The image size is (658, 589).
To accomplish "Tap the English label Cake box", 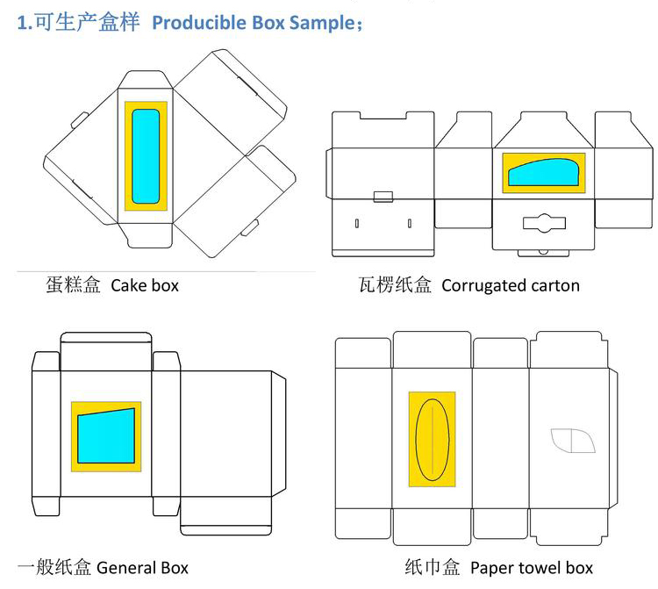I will (145, 285).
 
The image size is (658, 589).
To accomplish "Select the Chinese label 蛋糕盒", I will (74, 285).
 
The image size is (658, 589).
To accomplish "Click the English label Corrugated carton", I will (510, 285).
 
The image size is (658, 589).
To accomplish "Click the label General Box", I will (142, 568).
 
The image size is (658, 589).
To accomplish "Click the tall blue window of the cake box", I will (146, 155).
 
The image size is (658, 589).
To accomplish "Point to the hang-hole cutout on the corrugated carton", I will (543, 223).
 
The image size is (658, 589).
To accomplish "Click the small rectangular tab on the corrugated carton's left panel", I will (383, 196).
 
